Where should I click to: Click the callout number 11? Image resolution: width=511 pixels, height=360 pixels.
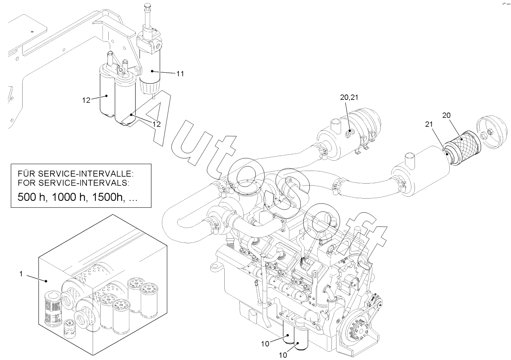(x=180, y=73)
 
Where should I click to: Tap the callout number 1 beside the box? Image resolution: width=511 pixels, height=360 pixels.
(x=21, y=274)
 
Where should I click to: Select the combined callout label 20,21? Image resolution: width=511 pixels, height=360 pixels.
(x=349, y=98)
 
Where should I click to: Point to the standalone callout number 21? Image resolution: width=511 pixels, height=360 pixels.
(x=429, y=124)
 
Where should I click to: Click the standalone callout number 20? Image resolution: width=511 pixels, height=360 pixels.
(x=446, y=116)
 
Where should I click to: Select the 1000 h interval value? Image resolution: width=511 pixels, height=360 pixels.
(x=70, y=197)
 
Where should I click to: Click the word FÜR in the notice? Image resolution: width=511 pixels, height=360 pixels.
(x=26, y=174)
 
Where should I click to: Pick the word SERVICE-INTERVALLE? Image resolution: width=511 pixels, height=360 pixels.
(x=85, y=174)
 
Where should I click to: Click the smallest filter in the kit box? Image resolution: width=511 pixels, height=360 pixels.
(x=70, y=329)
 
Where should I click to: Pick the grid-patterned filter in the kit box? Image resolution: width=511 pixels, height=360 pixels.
(x=53, y=308)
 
